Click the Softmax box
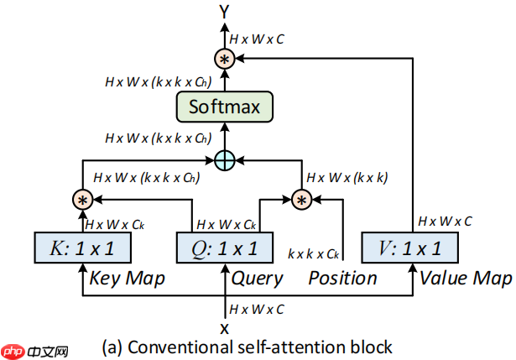click(x=224, y=107)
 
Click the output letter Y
click(x=224, y=11)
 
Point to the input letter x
click(x=224, y=327)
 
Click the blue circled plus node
click(x=224, y=159)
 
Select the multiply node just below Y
click(x=224, y=59)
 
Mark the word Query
click(x=257, y=277)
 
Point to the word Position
click(x=342, y=277)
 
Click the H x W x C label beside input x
click(x=257, y=310)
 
